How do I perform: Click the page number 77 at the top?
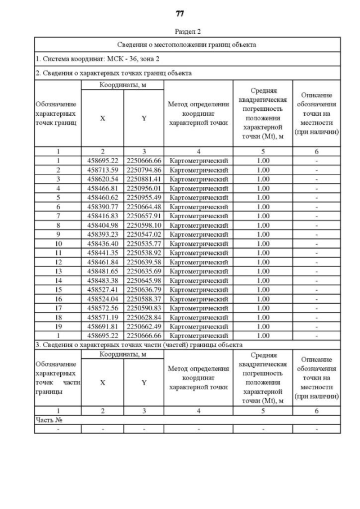180,13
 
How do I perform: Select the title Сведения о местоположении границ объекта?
187,44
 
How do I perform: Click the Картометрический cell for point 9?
199,234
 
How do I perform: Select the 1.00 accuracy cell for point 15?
263,289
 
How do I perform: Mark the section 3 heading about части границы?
139,344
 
